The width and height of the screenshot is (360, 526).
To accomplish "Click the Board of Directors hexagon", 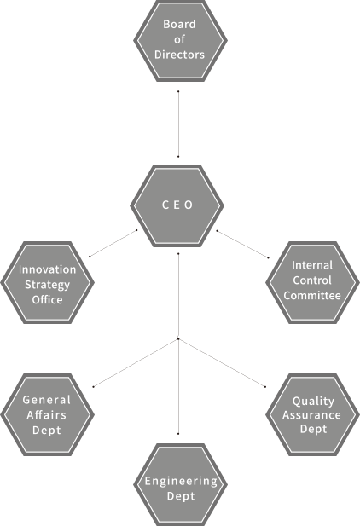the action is coord(180,41).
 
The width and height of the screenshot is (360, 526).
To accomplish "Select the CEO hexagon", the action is coord(177,205).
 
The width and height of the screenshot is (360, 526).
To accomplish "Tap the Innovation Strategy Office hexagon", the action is coord(48,282).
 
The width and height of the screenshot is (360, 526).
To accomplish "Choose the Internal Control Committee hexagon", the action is coord(312,282).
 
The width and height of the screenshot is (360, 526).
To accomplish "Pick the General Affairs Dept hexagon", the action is coord(48,414).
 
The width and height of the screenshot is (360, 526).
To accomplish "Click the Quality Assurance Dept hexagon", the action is coord(312,414).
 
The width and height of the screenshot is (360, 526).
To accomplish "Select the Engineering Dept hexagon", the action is coord(180,485).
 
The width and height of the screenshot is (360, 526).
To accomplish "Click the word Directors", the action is coord(179,55).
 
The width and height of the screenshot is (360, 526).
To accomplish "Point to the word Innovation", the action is coord(48,269).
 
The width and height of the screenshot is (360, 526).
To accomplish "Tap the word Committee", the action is coord(312,296).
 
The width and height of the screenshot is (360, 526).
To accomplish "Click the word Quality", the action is coord(313,402).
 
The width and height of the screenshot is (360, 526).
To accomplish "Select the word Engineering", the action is coord(181,482).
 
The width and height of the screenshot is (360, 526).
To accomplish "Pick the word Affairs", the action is coord(47,415).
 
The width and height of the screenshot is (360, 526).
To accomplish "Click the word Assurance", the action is coord(311,415).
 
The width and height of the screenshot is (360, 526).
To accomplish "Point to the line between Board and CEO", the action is coord(178,124).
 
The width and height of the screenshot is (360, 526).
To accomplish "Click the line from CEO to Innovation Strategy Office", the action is coord(113,243).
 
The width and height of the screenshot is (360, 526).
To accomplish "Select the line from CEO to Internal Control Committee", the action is coord(242,244).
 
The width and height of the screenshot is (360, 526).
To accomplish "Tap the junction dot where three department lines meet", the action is coord(178,338).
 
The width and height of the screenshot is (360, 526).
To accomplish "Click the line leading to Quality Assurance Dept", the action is coord(222,363).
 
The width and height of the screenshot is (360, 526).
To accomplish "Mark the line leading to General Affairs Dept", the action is coord(136,363).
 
